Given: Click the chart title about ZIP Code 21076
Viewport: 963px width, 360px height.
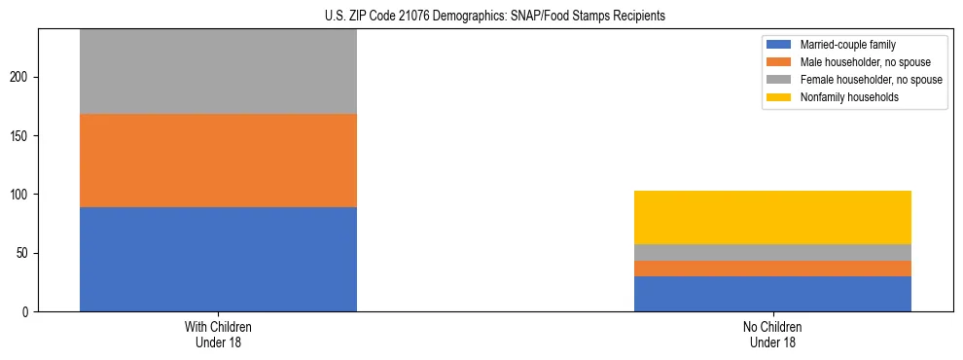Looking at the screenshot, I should pos(495,17).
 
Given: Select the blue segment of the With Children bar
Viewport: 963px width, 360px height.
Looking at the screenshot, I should pos(218,259).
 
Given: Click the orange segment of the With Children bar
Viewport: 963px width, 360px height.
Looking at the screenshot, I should pos(218,161).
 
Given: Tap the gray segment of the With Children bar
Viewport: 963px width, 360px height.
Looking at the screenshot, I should pos(218,72).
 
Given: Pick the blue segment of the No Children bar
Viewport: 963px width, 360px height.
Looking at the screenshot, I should pos(772,294).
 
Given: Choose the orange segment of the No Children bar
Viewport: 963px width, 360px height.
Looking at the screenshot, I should pos(772,269).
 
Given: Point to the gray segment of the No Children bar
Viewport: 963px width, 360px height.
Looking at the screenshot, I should pos(772,252).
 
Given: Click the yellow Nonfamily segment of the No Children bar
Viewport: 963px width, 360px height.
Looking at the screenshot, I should pos(772,217).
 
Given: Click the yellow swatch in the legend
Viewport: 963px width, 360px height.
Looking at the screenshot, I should pos(779,97).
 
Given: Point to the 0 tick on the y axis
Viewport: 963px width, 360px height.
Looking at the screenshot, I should pos(26,312).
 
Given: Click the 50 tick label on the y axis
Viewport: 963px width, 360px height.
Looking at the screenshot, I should pos(23,253).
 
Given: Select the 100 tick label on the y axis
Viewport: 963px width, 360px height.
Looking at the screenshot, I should pos(20,195).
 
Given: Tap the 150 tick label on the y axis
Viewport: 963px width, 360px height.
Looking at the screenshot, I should pos(20,135).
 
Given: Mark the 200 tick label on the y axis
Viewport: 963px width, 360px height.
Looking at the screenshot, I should pos(20,77).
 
